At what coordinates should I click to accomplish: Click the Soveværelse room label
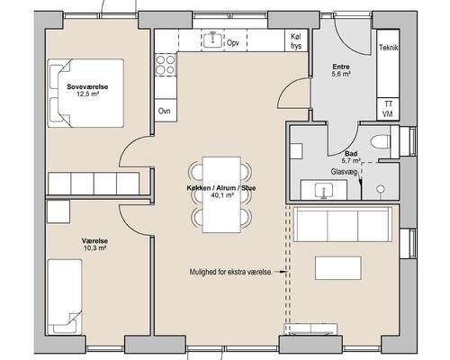click(87, 87)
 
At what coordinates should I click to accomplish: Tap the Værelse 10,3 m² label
click(94, 245)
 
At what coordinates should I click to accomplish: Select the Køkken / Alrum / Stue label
click(221, 188)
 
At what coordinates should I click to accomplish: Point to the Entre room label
click(341, 67)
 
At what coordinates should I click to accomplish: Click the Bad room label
click(351, 154)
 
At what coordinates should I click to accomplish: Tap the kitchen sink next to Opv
click(213, 40)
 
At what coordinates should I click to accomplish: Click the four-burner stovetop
click(166, 65)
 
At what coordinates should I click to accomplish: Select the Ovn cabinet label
click(165, 111)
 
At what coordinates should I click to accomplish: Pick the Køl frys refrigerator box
click(296, 40)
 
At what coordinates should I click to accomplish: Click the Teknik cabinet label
click(389, 48)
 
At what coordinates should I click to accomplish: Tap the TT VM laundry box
click(388, 109)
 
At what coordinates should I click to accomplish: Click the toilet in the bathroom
click(381, 141)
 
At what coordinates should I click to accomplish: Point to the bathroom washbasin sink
click(324, 190)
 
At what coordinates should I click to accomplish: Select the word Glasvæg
click(344, 172)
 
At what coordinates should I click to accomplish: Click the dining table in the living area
click(221, 194)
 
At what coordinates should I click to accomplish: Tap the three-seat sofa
click(343, 224)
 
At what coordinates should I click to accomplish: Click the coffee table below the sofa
click(338, 268)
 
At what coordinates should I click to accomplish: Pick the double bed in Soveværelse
click(85, 93)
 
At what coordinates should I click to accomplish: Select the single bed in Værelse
click(65, 297)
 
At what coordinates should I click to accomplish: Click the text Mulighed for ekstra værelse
click(231, 272)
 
